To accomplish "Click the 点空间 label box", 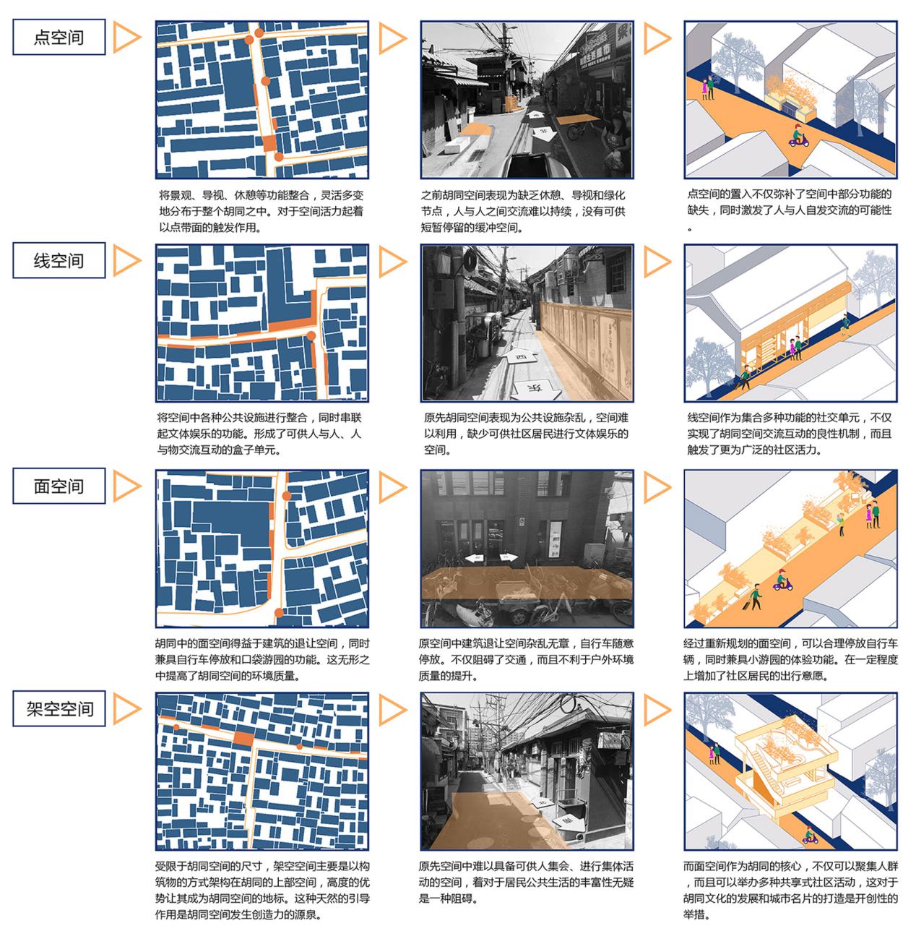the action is [x=59, y=37].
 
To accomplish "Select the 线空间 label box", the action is [x=59, y=260].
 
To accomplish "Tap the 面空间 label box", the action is [x=59, y=486].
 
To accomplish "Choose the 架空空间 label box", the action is [x=59, y=709].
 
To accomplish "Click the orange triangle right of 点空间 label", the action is [x=126, y=37].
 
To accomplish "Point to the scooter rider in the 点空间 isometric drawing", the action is [x=798, y=136].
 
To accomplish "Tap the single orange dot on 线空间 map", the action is [x=311, y=336].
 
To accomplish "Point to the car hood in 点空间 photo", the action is [x=536, y=166].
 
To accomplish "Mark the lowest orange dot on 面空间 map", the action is [x=279, y=613].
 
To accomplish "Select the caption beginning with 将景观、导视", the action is [x=262, y=211].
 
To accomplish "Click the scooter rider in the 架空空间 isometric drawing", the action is [x=809, y=834].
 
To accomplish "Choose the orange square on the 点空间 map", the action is [x=269, y=144].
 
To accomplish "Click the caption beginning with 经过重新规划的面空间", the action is [x=790, y=659].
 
